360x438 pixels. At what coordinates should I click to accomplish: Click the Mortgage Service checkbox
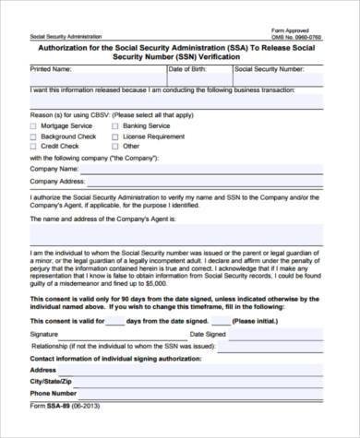[x=34, y=124]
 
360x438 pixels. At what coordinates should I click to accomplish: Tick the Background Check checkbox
[x=34, y=136]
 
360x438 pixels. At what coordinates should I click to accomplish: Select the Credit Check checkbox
[x=34, y=146]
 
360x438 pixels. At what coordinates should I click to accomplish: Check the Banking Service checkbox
[x=115, y=124]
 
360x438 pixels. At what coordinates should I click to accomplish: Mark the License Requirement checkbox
[x=115, y=136]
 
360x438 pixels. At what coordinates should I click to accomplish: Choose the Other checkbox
[x=115, y=146]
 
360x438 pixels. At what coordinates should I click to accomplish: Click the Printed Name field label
[x=51, y=69]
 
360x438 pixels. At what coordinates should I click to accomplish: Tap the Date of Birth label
[x=188, y=69]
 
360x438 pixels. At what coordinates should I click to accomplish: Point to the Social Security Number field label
[x=270, y=69]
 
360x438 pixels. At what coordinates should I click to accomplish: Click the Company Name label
[x=54, y=170]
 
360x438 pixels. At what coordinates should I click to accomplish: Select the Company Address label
[x=58, y=183]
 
